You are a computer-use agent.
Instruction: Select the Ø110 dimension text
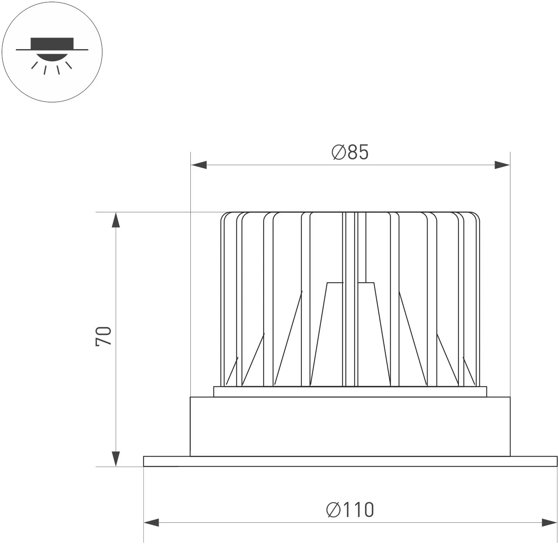point(350,510)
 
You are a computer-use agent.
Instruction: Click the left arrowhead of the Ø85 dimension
point(199,165)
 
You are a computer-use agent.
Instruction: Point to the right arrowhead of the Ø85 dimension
point(502,165)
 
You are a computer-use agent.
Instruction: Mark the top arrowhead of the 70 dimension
point(116,220)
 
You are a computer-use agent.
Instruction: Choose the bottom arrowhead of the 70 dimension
point(116,459)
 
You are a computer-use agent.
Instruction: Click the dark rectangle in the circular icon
point(52,43)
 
